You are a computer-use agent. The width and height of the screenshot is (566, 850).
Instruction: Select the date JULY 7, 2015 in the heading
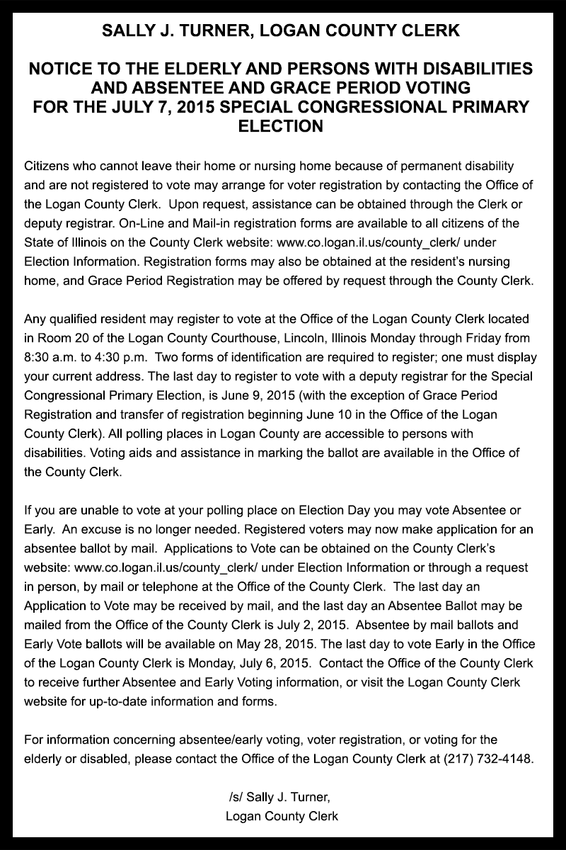(x=158, y=107)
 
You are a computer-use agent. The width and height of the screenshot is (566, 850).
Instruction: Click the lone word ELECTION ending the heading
(x=282, y=126)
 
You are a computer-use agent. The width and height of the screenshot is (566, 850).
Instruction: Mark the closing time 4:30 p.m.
(x=110, y=356)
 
